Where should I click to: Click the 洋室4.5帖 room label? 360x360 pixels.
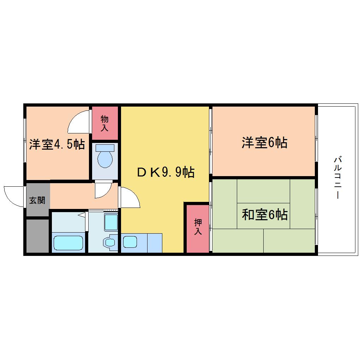coord(57,144)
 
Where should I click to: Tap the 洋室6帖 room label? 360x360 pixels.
coord(264,143)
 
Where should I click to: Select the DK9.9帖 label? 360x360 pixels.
coord(166,172)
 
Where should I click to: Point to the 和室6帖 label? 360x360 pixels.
coord(264,215)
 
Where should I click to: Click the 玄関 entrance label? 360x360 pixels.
coord(37,200)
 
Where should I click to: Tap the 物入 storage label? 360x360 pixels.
coord(104,123)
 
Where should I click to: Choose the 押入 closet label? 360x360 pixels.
coord(198,227)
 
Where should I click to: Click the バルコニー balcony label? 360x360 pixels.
coord(338,178)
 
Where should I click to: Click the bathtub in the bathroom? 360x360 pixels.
coord(68,243)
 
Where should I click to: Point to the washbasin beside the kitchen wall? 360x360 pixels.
coord(110,242)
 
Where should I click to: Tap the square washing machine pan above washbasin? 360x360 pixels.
coord(111,222)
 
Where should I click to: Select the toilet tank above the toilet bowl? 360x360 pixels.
coord(105,148)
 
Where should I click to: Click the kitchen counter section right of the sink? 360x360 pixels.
coord(155,243)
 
